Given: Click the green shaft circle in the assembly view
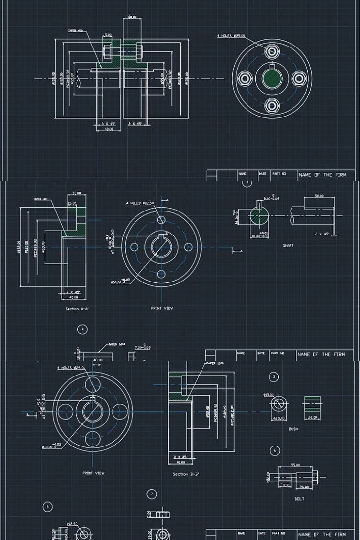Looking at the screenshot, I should [272, 78].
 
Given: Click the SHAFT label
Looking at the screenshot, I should [288, 246].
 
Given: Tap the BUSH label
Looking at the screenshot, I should [293, 429].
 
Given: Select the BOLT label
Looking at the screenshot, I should [299, 499].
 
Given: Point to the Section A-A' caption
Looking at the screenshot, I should [77, 309].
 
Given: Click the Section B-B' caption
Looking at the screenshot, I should [186, 474].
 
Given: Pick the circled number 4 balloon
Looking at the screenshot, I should [82, 329].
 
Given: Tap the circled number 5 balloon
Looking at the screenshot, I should [274, 376].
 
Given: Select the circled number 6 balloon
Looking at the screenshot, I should [275, 450].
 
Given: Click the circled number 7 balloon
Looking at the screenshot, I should [152, 494].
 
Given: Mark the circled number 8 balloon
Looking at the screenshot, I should [47, 507].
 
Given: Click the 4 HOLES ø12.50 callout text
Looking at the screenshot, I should [140, 203].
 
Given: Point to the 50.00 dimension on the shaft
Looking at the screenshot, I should [319, 196].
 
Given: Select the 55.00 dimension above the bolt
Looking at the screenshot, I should [295, 465].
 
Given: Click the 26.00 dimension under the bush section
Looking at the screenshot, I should [312, 418].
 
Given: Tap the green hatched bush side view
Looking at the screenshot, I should [312, 404].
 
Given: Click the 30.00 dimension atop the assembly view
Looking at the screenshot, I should [132, 18].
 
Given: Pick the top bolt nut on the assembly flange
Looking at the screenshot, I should [272, 51].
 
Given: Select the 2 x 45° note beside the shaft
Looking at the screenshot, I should [322, 234].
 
